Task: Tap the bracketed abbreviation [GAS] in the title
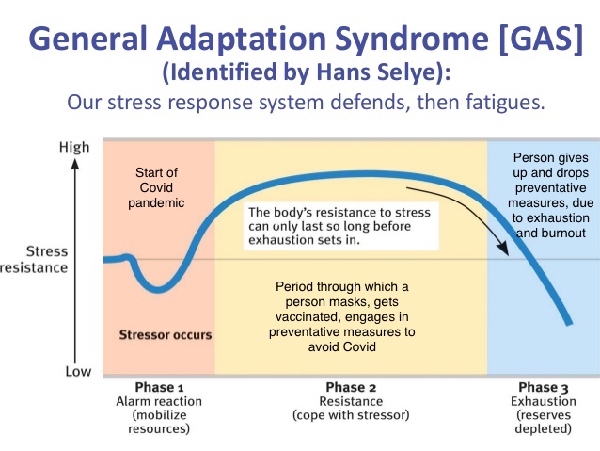[541, 39]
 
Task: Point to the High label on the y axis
[74, 147]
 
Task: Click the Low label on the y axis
[78, 371]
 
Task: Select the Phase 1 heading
[159, 387]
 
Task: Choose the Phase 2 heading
[351, 387]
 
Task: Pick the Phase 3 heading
[543, 387]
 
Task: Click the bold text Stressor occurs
[166, 335]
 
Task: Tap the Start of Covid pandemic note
[156, 187]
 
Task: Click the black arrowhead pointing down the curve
[503, 249]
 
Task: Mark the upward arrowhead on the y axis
[75, 164]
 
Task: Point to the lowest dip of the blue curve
[157, 289]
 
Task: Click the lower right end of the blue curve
[569, 322]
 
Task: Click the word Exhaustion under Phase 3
[544, 401]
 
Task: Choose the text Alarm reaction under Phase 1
[159, 401]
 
